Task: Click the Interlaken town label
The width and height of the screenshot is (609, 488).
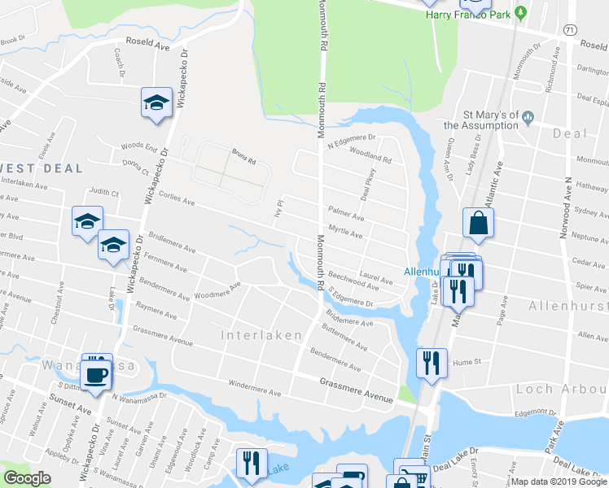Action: [x=261, y=335]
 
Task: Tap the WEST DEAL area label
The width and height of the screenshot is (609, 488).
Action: [x=44, y=168]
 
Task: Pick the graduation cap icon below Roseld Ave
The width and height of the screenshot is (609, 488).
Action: [x=156, y=102]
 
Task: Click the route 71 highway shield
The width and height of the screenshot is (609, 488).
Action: [x=571, y=28]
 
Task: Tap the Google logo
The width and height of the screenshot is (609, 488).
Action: [x=28, y=478]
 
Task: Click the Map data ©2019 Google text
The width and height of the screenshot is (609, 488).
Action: [x=559, y=481]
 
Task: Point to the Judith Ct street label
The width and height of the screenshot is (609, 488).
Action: [x=104, y=193]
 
